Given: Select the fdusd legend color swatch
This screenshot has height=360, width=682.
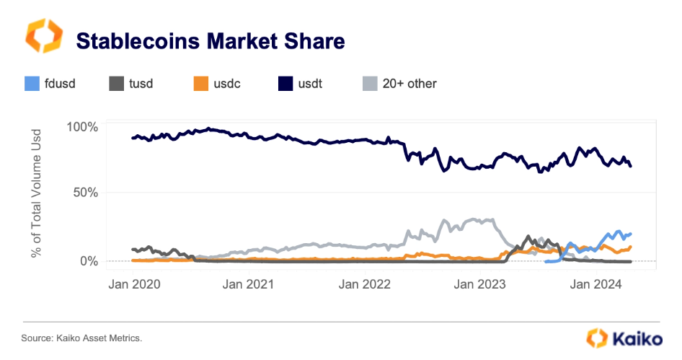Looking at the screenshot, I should [x=31, y=83].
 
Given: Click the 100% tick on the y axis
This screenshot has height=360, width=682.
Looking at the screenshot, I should [x=82, y=128].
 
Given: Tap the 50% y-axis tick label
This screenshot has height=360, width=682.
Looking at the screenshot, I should [x=85, y=193].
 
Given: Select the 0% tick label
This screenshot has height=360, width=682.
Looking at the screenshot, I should [x=88, y=260].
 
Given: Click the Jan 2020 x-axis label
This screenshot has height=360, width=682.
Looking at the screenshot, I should [x=134, y=284].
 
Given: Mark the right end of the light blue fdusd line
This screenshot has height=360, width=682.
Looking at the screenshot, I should [x=632, y=234].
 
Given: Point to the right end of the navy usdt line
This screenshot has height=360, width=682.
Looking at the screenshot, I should [x=632, y=167].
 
